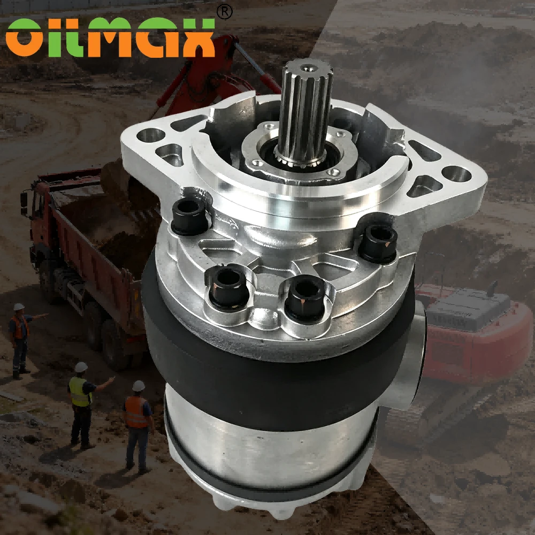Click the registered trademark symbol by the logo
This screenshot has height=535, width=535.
225,12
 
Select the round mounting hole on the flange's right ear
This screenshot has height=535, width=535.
456,174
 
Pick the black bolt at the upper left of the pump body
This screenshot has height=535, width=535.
189,216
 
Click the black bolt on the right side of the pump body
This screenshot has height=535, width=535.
379,243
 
